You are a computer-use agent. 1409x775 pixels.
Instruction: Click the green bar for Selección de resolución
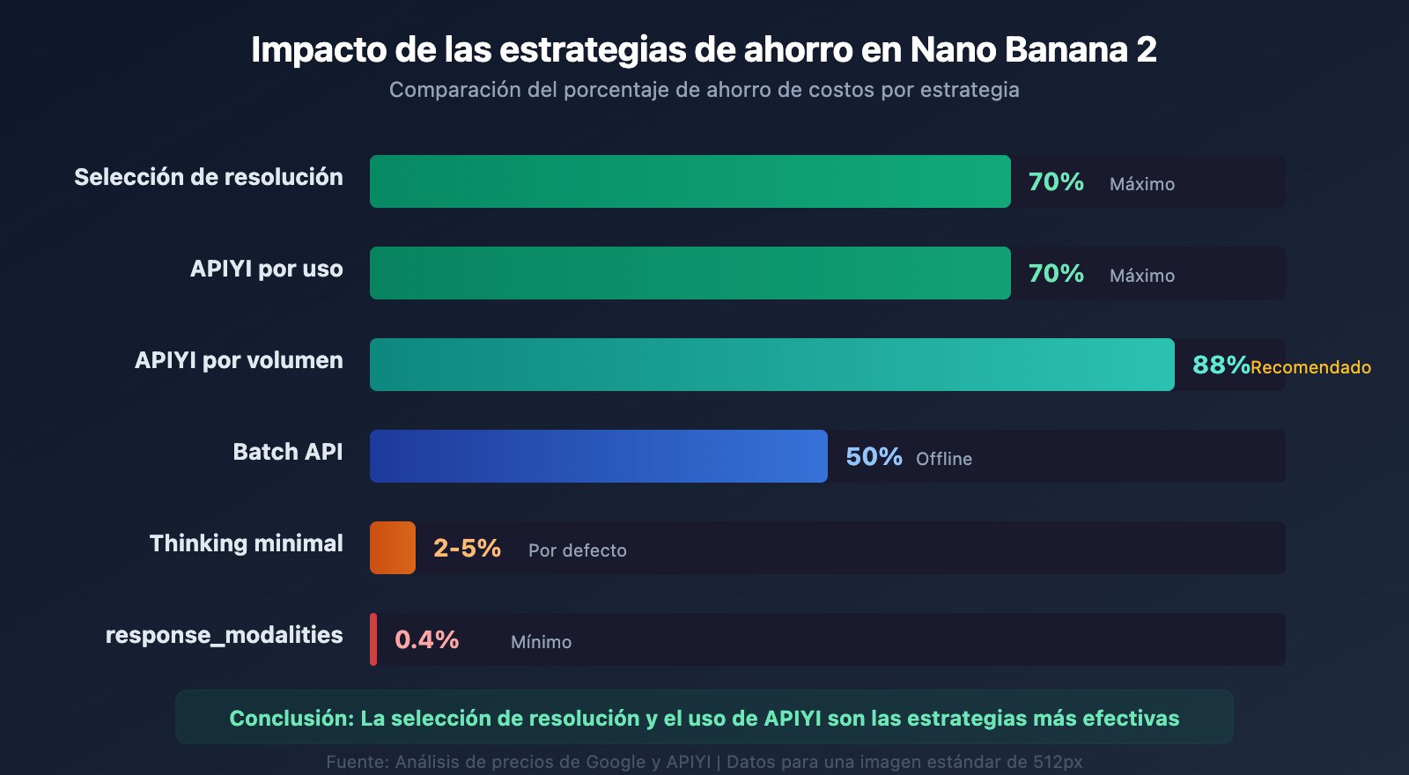(690, 181)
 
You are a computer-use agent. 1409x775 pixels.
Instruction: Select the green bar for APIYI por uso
(690, 273)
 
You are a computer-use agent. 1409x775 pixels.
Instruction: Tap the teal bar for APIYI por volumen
(771, 365)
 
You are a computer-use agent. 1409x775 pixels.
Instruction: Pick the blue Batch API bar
(599, 456)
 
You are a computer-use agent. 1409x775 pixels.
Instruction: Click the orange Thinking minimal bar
(393, 548)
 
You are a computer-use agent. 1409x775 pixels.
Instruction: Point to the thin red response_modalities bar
(373, 639)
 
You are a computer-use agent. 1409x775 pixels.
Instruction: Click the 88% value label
(1221, 365)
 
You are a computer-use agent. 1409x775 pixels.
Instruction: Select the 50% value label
(874, 456)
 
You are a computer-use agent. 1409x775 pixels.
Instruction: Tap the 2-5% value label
(467, 548)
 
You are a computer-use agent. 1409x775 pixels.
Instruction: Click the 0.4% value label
(426, 639)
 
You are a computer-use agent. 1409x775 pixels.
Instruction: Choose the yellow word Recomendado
(1310, 367)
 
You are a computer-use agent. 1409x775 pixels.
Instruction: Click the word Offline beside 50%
(944, 459)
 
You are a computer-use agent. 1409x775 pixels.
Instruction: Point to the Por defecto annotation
(578, 550)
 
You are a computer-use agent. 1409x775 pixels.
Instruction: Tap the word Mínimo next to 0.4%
(541, 642)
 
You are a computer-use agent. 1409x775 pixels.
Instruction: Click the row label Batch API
(287, 452)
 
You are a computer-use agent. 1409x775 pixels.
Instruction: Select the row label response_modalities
(224, 635)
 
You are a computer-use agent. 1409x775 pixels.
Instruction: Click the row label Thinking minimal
(246, 543)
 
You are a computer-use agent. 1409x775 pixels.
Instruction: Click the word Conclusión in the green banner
(291, 718)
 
